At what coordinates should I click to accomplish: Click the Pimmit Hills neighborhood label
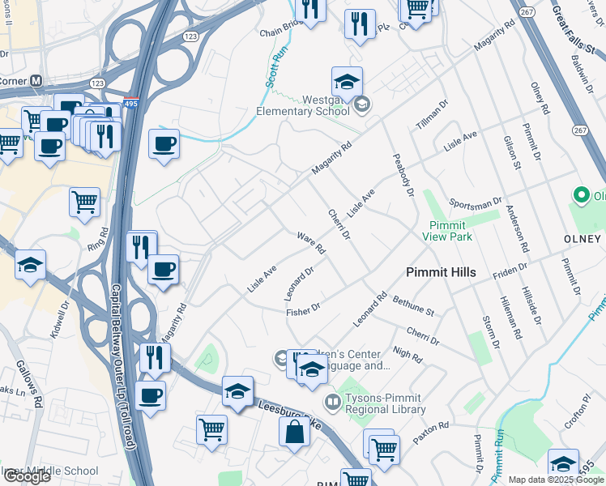pyautogui.click(x=441, y=272)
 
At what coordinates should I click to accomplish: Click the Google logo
pyautogui.click(x=27, y=475)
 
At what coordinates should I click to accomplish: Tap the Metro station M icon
pyautogui.click(x=36, y=82)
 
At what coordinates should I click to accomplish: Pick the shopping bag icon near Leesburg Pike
pyautogui.click(x=294, y=433)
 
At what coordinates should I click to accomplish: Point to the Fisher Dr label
pyautogui.click(x=304, y=309)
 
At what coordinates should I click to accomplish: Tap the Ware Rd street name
pyautogui.click(x=310, y=243)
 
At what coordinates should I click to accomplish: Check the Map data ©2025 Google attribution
pyautogui.click(x=556, y=480)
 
